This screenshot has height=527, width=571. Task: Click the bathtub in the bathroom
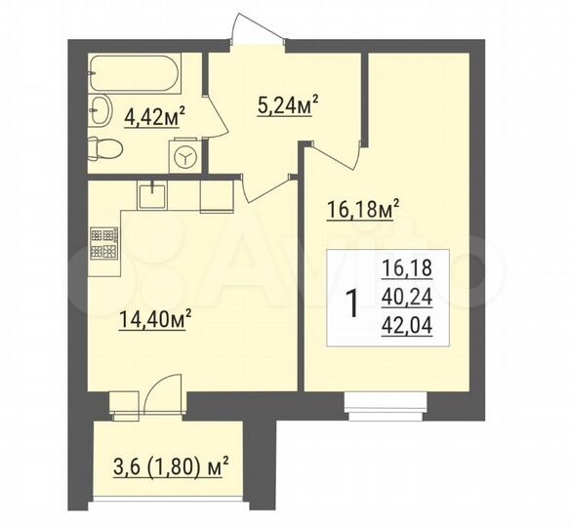pos(141,72)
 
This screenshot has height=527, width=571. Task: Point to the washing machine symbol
pos(185,156)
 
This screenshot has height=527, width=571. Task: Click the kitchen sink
pos(151,196)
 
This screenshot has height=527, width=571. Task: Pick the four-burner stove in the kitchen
pos(104,243)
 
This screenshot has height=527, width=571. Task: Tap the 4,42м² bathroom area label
pos(155,120)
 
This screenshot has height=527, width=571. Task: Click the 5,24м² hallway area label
pos(289,105)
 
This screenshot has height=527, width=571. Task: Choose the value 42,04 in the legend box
pos(409,327)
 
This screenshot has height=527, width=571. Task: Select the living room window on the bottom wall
pos(384,400)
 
